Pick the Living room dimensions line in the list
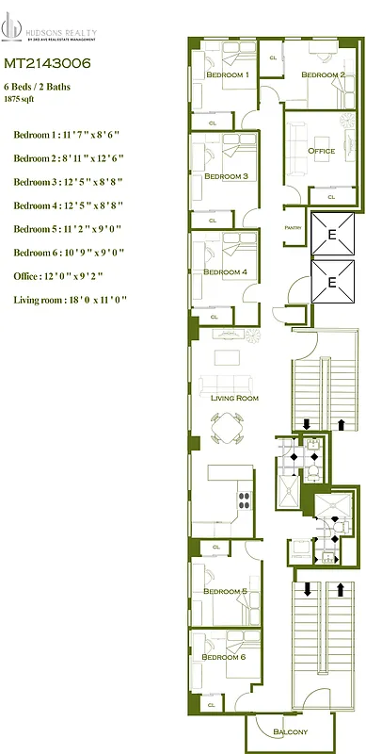(71, 300)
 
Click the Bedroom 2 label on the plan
(323, 74)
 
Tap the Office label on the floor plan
(322, 151)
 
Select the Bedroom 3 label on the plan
(226, 176)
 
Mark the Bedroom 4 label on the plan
(226, 271)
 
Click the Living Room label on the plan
(234, 399)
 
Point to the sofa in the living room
(227, 384)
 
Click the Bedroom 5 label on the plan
(226, 591)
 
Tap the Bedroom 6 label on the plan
(224, 657)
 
